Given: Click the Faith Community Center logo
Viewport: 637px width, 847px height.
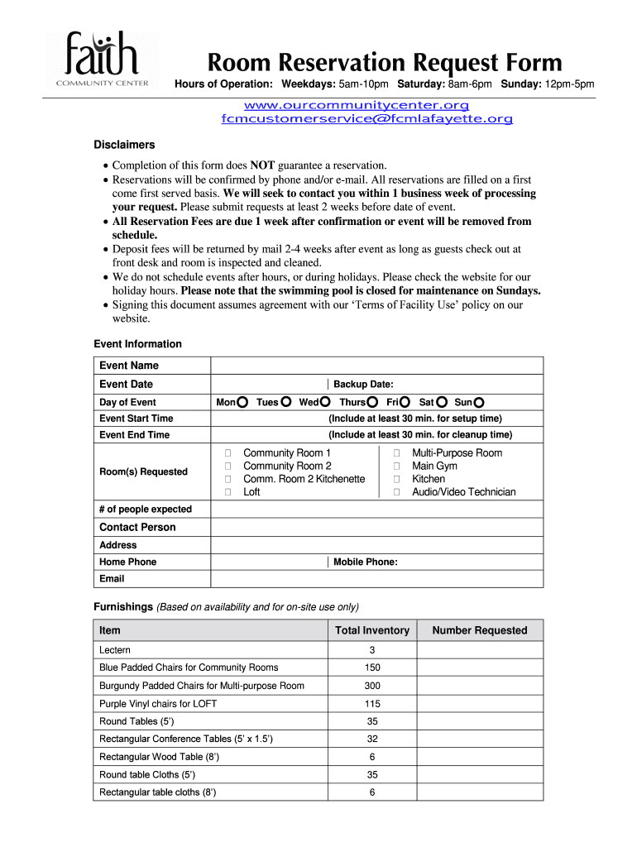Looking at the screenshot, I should tap(103, 58).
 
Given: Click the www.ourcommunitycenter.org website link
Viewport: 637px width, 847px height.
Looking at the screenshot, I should tap(356, 105).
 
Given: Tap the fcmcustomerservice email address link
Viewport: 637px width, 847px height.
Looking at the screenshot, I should tap(366, 119).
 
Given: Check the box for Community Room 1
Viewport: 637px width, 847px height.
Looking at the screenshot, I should tap(227, 453).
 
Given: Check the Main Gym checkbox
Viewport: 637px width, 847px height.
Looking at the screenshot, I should tap(396, 467).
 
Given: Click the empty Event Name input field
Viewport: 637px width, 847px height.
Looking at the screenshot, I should tap(377, 366).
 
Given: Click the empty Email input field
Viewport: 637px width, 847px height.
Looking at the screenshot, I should tap(377, 579).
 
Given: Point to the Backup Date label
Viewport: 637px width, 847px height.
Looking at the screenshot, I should tap(363, 384).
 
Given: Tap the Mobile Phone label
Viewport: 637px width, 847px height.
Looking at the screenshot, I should tap(365, 562).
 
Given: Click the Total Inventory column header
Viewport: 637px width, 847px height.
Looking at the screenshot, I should tap(371, 630).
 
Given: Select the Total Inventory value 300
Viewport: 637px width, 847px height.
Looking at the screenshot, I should tap(372, 686).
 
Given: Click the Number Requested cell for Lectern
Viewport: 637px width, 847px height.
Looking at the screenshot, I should tap(479, 650).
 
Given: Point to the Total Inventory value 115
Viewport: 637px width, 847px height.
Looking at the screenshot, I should tap(372, 704).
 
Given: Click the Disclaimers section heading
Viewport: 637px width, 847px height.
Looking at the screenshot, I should tap(124, 145).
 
